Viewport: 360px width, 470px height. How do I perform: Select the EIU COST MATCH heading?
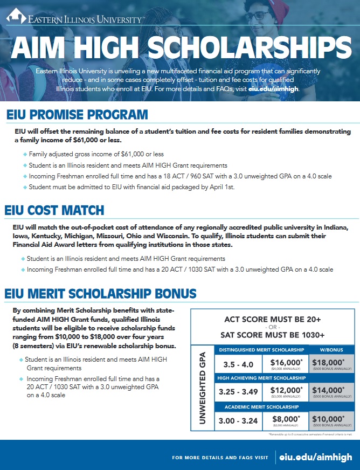54,210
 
